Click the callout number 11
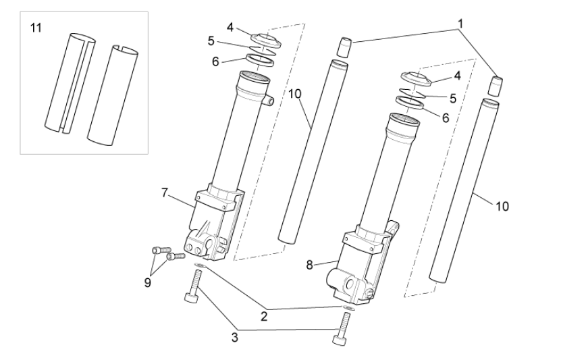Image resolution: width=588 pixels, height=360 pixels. (36, 28)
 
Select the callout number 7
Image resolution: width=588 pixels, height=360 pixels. (164, 192)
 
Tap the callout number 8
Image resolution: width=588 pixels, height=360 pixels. (309, 265)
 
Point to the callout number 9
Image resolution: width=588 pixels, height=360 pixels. (148, 282)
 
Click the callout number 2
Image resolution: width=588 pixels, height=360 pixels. (264, 316)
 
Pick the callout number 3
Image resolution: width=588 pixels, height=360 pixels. (235, 338)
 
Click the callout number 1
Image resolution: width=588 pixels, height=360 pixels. (460, 24)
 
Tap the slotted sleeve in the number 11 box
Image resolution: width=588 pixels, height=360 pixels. (70, 83)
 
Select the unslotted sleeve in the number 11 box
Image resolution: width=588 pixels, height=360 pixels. (113, 96)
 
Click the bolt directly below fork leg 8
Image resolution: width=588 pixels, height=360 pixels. (342, 328)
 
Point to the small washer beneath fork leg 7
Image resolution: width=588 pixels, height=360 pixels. (201, 266)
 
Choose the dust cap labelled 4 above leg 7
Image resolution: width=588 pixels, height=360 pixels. (266, 41)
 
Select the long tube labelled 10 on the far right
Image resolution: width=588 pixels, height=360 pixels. (464, 190)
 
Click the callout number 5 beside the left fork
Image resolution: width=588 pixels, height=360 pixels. (211, 41)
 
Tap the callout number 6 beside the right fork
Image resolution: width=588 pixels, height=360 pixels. (446, 118)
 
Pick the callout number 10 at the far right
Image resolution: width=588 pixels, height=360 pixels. (502, 206)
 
